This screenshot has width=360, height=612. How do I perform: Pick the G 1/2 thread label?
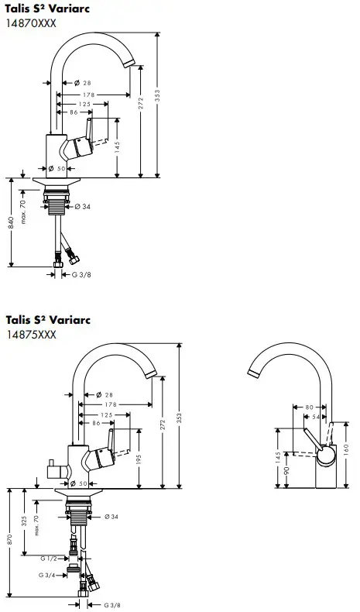click(x=47, y=558)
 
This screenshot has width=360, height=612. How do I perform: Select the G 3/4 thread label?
click(x=47, y=576)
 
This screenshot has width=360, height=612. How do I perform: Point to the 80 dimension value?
click(x=310, y=406)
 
